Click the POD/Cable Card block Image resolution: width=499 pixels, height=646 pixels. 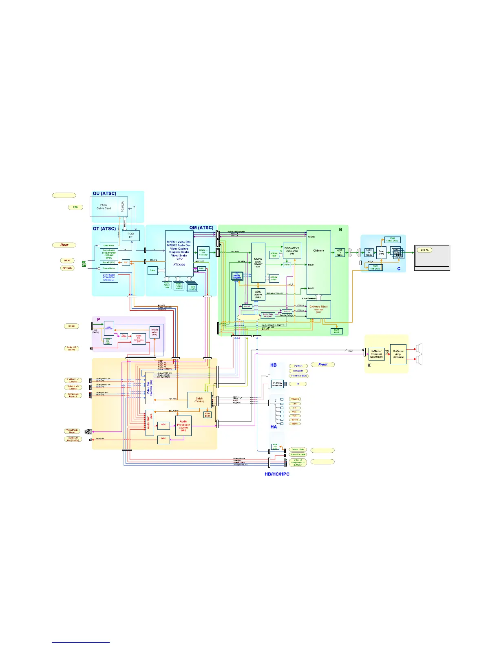[x=104, y=207]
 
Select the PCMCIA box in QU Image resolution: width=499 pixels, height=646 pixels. [x=123, y=207]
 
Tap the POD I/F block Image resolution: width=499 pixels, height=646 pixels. [x=130, y=236]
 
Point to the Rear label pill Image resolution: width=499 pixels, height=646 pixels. [x=64, y=245]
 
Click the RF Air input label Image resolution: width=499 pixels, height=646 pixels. [x=67, y=260]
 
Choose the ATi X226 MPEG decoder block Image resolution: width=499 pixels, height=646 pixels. [x=179, y=253]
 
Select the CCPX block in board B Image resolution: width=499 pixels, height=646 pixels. [x=258, y=262]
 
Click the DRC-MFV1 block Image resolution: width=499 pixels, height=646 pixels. [x=292, y=250]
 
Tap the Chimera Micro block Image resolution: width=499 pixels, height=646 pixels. [x=318, y=309]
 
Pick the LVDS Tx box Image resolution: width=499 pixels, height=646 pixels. [x=340, y=252]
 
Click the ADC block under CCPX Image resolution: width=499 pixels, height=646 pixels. [x=258, y=294]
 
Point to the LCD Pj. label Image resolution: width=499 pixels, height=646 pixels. [x=424, y=250]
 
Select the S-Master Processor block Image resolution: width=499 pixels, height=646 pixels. [x=376, y=354]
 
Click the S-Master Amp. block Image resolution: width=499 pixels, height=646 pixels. [x=398, y=354]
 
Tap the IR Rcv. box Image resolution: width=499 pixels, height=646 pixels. [x=277, y=383]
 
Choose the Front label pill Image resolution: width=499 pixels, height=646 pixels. [x=323, y=365]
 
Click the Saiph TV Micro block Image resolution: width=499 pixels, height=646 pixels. [x=199, y=400]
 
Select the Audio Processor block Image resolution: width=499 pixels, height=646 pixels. [x=183, y=425]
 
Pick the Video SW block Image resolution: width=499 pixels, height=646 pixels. [x=150, y=388]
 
